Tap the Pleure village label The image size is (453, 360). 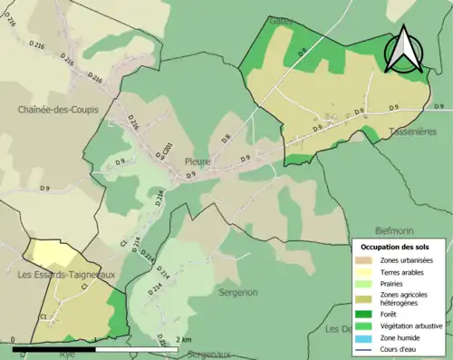[x=198, y=161]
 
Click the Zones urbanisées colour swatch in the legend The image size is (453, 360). [x=364, y=260]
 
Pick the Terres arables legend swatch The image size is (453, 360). [x=364, y=271]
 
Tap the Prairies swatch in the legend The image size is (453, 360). [x=364, y=283]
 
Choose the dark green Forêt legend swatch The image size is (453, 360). [x=364, y=310]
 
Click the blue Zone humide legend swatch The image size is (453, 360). [x=364, y=337]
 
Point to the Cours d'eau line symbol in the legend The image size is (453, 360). [x=364, y=348]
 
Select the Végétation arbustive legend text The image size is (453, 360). [x=410, y=324]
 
